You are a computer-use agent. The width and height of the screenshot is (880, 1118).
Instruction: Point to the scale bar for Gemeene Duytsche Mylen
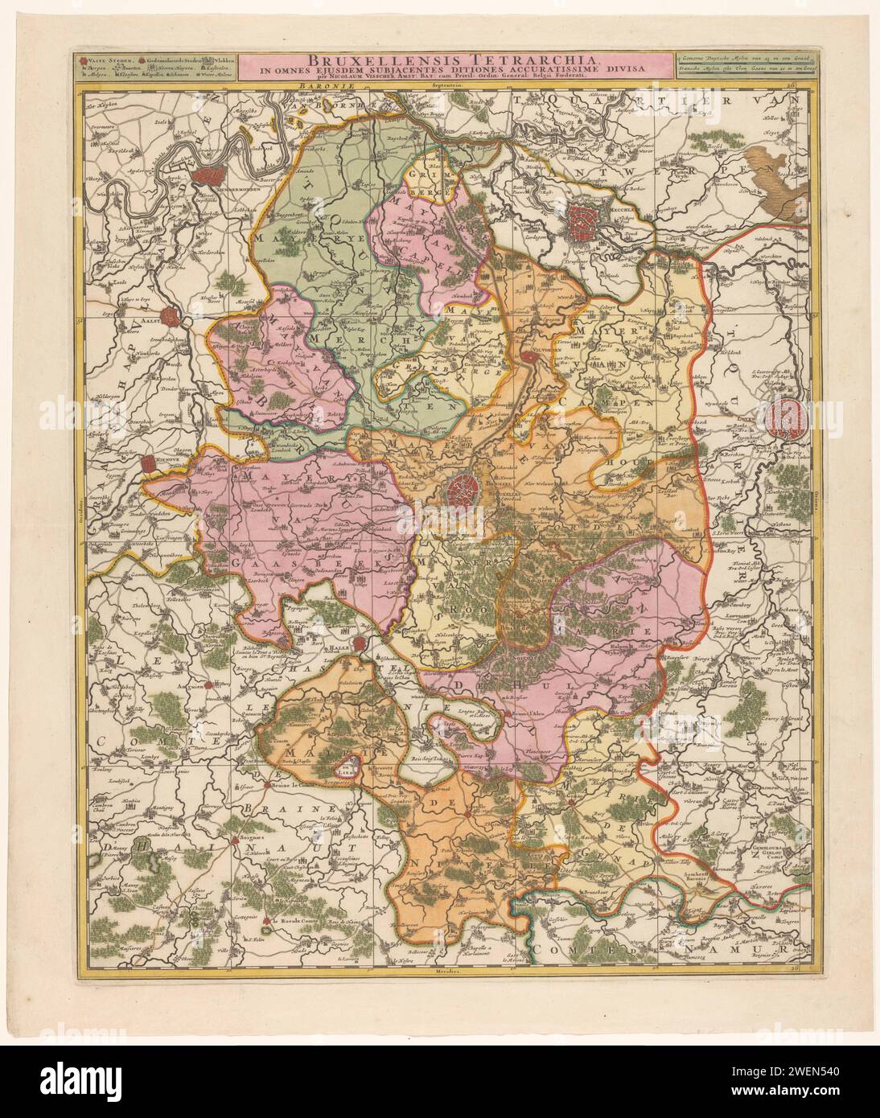pos(739,59)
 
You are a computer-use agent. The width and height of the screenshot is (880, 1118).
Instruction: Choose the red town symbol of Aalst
pos(171,316)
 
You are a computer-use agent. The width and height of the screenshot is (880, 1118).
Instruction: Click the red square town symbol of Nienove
pos(148,464)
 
